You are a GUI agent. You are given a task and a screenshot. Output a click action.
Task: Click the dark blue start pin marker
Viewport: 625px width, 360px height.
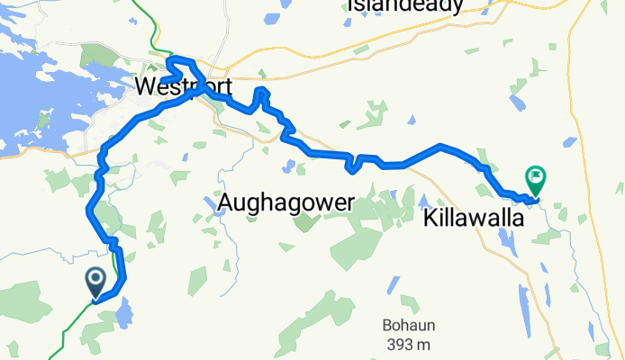click(95, 283)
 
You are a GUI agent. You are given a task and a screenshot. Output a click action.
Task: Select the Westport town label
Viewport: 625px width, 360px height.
click(184, 87)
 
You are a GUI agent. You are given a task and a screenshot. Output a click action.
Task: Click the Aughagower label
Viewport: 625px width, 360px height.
click(285, 204)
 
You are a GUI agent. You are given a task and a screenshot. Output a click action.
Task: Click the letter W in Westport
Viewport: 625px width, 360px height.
click(146, 87)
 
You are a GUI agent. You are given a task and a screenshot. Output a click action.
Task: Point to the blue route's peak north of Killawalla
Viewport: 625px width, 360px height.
click(440, 145)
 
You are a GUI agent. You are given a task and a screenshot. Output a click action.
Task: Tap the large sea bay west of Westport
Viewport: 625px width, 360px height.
click(36, 99)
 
